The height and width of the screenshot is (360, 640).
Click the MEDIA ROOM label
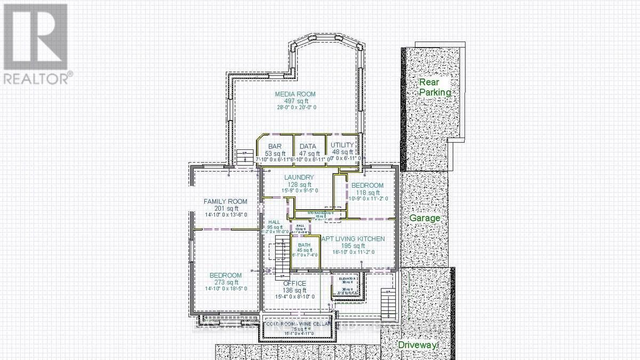coord(292,94)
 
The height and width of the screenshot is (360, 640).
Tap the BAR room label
coord(275,146)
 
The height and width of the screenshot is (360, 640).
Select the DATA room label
coord(308,146)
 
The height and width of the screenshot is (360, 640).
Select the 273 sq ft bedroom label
coord(225,275)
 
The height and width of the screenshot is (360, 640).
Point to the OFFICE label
coord(294,283)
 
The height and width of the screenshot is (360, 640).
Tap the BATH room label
coord(304,245)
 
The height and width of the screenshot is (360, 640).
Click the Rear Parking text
coord(435,87)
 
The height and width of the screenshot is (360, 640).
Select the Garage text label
coord(425,218)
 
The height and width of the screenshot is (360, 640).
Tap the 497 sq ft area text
coord(292,101)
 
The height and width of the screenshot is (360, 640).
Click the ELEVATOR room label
coord(347,279)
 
